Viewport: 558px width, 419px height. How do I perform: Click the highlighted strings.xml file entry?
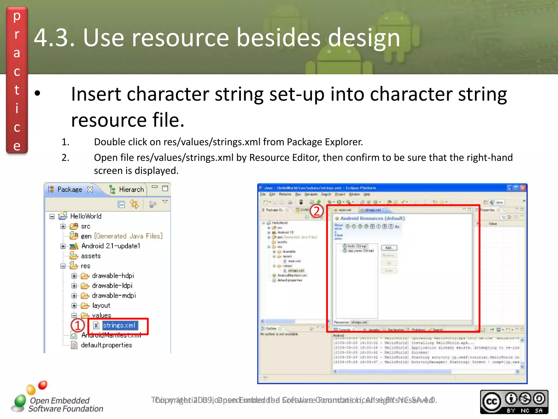pos(119,325)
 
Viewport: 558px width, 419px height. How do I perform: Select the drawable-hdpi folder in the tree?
pos(113,276)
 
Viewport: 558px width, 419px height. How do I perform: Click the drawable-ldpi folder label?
pos(112,286)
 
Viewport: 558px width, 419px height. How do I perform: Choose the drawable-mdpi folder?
pos(114,296)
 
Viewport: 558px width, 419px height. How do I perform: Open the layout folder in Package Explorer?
pos(101,306)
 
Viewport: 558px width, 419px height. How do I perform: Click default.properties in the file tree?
pos(106,345)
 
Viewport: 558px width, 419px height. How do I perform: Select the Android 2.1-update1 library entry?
pos(110,246)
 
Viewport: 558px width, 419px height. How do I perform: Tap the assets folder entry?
pos(91,256)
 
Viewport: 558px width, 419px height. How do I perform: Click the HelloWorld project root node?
pos(86,216)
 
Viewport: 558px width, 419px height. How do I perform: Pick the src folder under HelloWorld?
pos(85,226)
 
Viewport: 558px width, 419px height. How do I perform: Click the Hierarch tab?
pos(131,190)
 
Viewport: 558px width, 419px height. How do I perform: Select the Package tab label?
pos(69,190)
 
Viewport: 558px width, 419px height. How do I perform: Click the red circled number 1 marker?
pos(77,325)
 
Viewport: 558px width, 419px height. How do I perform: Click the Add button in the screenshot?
pos(389,248)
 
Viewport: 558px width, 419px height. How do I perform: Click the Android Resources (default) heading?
pos(372,219)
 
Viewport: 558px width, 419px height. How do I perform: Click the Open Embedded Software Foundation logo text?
pos(65,405)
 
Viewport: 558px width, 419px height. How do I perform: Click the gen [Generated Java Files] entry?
pos(121,236)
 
